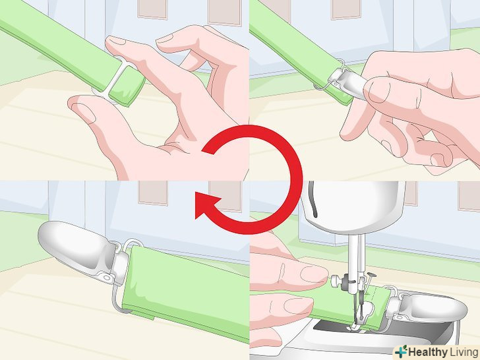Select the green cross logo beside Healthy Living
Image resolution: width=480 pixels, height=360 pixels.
click(x=401, y=351)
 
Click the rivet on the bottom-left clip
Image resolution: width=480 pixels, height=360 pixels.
click(x=107, y=278)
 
